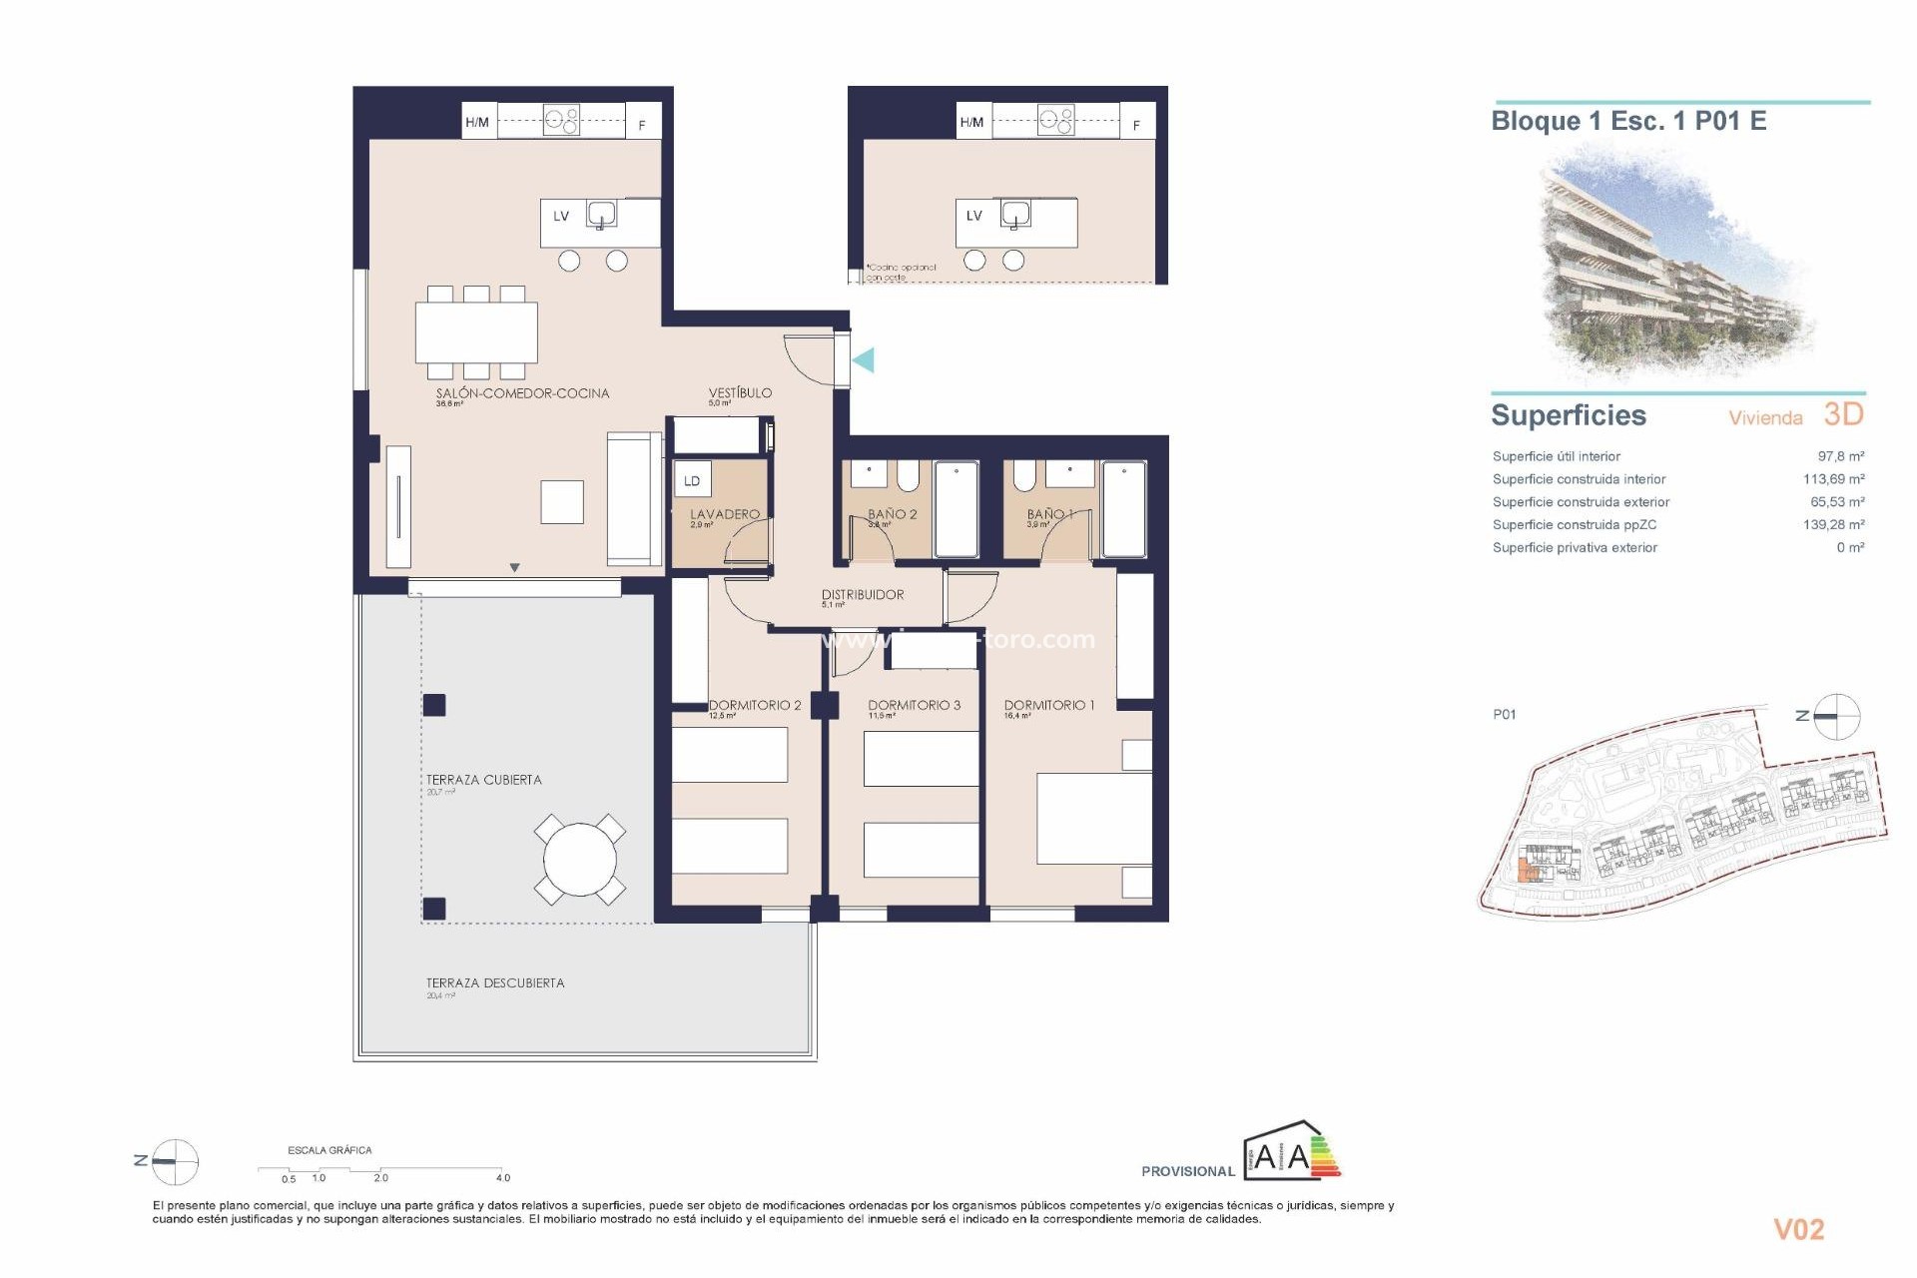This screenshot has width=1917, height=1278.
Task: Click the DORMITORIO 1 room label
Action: click(x=1048, y=705)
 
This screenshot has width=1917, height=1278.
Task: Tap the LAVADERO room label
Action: click(x=724, y=514)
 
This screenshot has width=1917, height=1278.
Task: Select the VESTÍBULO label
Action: click(x=740, y=393)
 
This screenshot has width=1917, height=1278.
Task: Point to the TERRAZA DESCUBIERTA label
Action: click(x=495, y=983)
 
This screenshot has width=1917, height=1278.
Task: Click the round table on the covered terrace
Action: click(x=579, y=859)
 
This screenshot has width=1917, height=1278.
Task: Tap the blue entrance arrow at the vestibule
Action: click(x=864, y=359)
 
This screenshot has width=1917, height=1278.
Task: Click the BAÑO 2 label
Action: click(x=892, y=514)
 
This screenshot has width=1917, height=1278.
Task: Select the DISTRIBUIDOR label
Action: click(x=863, y=595)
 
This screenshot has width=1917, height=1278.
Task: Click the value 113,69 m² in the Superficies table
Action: click(x=1833, y=479)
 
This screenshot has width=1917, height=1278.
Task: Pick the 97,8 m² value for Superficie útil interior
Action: click(x=1840, y=456)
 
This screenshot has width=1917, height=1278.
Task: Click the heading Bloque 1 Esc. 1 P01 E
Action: click(x=1628, y=121)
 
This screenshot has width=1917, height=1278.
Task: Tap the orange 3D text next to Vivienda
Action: click(x=1843, y=414)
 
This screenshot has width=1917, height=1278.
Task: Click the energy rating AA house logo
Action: click(x=1292, y=1153)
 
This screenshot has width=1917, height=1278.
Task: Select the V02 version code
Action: click(x=1798, y=1229)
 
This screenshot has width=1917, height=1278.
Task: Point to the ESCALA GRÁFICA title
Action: click(x=329, y=1150)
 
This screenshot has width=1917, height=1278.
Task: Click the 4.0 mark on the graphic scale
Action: click(x=502, y=1178)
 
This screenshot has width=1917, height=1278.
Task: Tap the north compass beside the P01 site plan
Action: click(x=1835, y=716)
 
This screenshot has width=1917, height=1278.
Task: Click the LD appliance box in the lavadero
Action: click(x=692, y=480)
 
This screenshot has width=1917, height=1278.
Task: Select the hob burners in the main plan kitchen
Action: click(x=561, y=121)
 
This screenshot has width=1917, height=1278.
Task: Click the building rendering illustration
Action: click(x=1677, y=265)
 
